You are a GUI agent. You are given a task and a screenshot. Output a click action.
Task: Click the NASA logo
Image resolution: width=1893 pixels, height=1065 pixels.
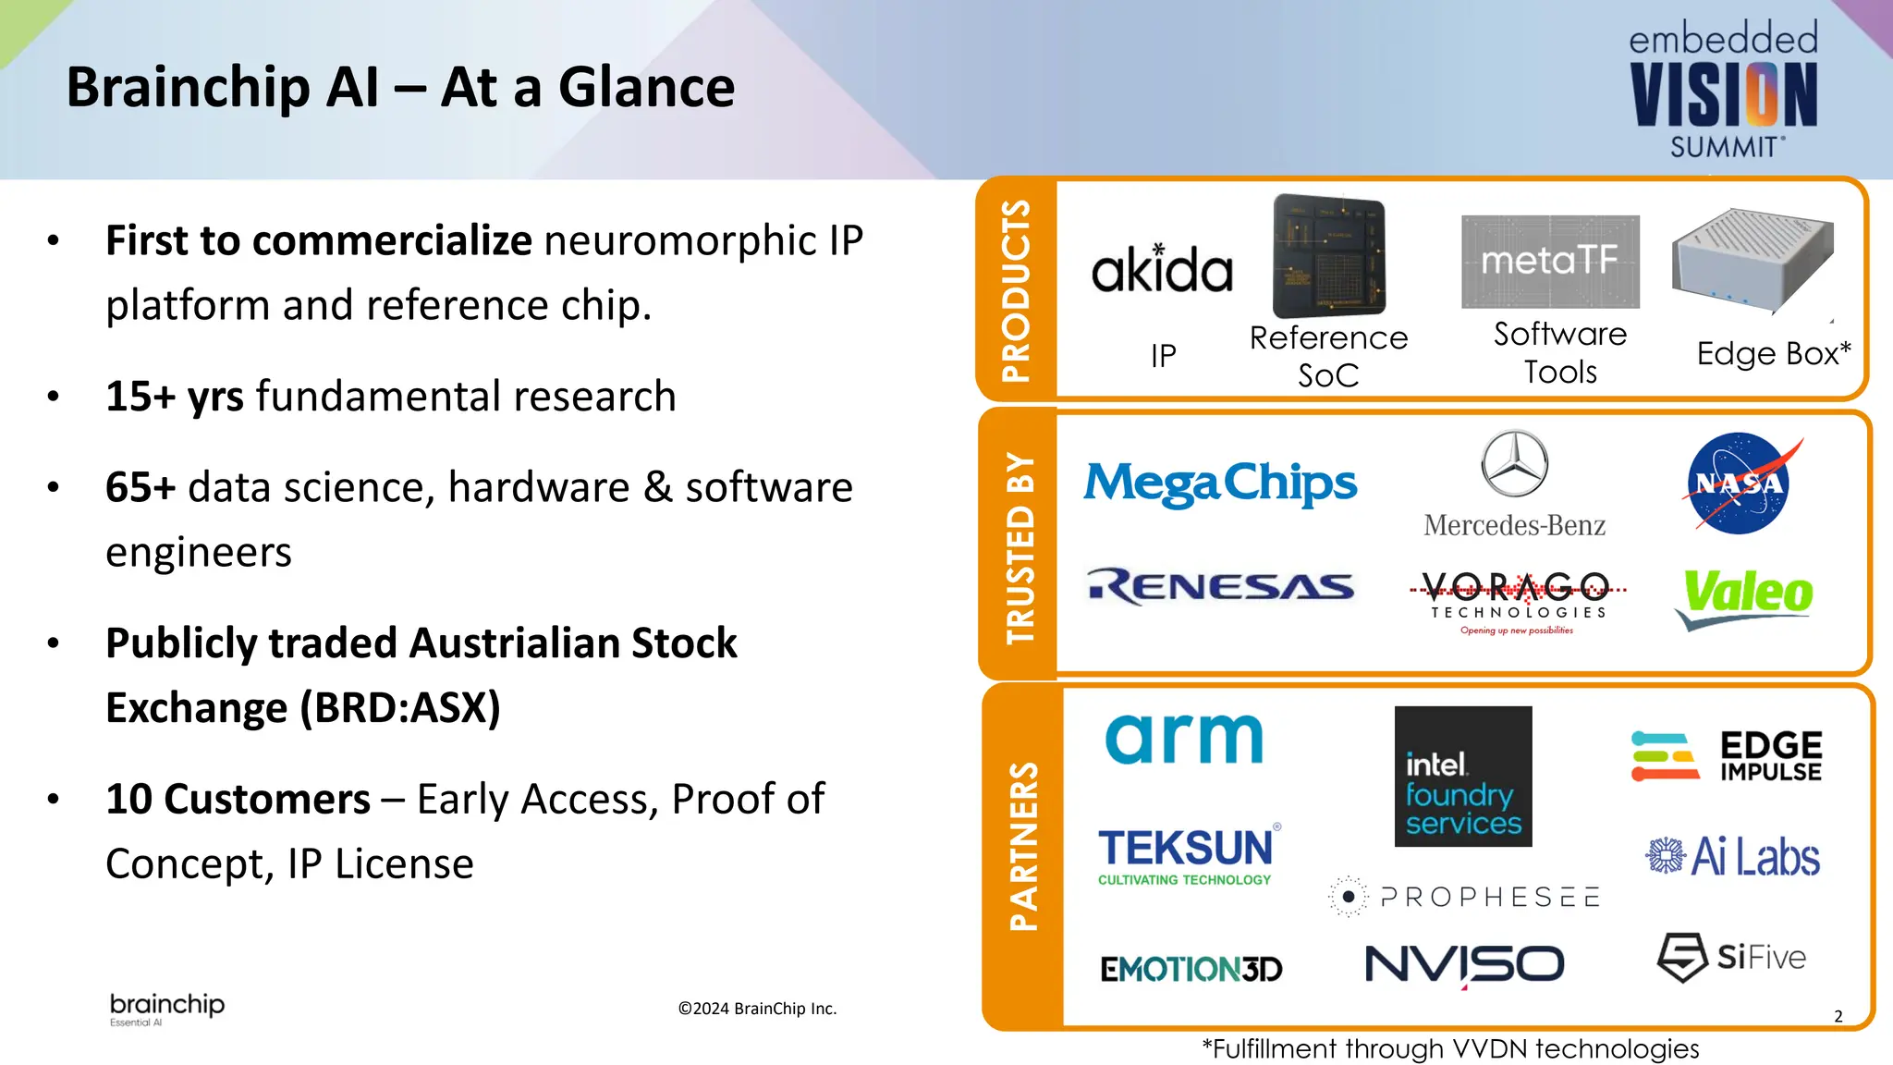(x=1739, y=484)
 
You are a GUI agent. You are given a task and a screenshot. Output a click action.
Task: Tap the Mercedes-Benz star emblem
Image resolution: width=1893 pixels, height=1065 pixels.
(x=1514, y=463)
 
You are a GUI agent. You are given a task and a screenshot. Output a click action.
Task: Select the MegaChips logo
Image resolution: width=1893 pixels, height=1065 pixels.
(x=1220, y=484)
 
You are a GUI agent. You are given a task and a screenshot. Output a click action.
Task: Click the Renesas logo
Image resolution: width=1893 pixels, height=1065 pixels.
(x=1220, y=587)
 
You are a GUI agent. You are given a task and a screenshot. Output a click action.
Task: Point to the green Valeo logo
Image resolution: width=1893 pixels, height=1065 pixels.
(x=1746, y=595)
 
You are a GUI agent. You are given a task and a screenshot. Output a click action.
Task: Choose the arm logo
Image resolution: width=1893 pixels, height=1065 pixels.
(x=1184, y=740)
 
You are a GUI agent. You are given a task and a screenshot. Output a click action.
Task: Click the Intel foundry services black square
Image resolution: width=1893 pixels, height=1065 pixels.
(x=1462, y=777)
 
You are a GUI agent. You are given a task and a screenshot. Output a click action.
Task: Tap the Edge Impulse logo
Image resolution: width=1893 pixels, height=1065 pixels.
(x=1726, y=756)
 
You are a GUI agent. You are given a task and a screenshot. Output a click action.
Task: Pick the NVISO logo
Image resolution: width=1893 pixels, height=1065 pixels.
(x=1464, y=964)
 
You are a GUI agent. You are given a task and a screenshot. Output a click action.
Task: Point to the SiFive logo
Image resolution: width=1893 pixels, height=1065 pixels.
(x=1730, y=957)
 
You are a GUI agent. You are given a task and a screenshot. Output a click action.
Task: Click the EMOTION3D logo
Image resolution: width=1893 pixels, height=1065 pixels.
(x=1191, y=969)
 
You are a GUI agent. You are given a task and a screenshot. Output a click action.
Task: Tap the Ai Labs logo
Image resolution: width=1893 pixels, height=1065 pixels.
(x=1732, y=856)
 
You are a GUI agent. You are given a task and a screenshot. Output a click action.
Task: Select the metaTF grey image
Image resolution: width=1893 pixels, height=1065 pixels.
(x=1550, y=262)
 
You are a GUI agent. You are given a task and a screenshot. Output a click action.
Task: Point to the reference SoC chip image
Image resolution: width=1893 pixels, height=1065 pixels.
(x=1328, y=256)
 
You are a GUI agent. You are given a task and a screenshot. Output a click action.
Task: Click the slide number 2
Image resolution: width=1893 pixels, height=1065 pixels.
(x=1838, y=1016)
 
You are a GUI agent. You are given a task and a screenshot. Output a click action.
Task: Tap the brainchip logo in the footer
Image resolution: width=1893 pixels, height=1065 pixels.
(x=167, y=1008)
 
